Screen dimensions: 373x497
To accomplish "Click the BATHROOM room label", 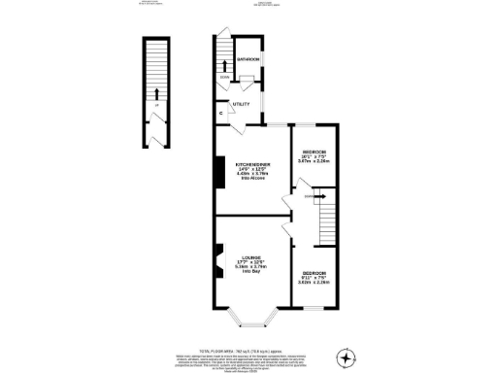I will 248,59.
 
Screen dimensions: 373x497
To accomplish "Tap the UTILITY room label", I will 239,101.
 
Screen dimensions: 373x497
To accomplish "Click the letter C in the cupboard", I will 221,115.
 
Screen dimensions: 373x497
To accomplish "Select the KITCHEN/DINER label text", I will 252,164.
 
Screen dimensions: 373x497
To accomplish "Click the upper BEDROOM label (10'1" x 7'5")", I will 314,153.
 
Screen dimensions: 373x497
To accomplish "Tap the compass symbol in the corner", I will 347,357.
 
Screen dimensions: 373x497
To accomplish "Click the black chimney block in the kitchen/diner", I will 218,172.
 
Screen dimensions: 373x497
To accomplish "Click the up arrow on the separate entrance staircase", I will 153,93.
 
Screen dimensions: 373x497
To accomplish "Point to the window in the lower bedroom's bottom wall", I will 315,308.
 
